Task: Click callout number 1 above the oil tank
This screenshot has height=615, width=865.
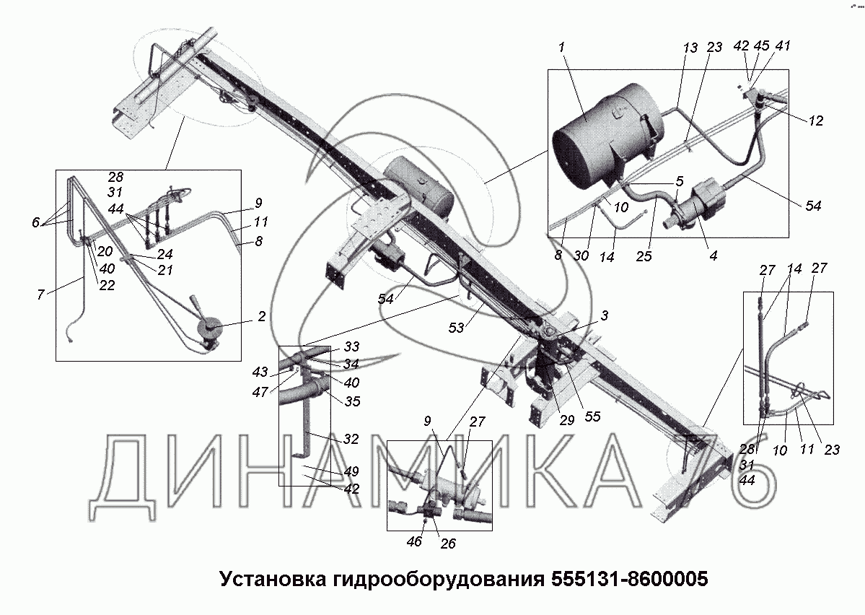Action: click(x=561, y=48)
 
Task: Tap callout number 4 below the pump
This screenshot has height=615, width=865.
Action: click(x=713, y=255)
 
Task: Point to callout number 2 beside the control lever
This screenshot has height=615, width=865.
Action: click(x=261, y=316)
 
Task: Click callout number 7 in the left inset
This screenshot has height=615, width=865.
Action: click(x=41, y=295)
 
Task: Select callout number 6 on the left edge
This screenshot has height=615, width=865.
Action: click(x=36, y=222)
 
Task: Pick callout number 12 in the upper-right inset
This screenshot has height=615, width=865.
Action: click(x=815, y=121)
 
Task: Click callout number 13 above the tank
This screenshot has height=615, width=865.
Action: click(x=690, y=48)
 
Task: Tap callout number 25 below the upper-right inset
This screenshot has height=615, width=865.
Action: click(x=644, y=256)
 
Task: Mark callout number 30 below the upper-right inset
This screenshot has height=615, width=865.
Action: click(x=581, y=256)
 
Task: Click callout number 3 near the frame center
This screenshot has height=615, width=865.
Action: click(x=604, y=315)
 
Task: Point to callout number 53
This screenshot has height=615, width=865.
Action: click(x=456, y=328)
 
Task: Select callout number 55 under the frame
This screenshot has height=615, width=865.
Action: click(x=592, y=416)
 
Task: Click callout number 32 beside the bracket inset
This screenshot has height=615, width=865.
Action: click(x=351, y=439)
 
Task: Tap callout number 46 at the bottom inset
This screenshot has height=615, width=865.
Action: click(x=414, y=541)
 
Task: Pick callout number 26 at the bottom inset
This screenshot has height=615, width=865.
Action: click(x=448, y=544)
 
